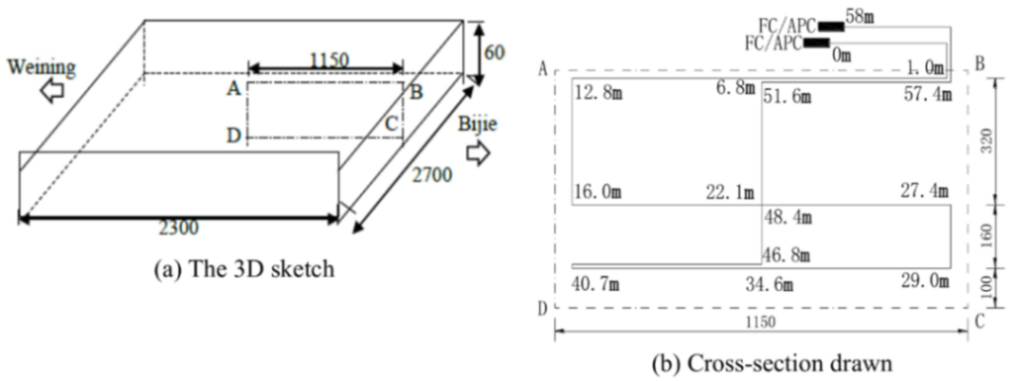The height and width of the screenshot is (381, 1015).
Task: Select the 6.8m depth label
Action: pos(734,89)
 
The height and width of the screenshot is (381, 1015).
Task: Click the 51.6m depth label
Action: pos(788,94)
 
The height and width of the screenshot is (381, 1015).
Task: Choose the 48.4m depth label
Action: pos(788,217)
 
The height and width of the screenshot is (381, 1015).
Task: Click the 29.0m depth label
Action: pos(926,282)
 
